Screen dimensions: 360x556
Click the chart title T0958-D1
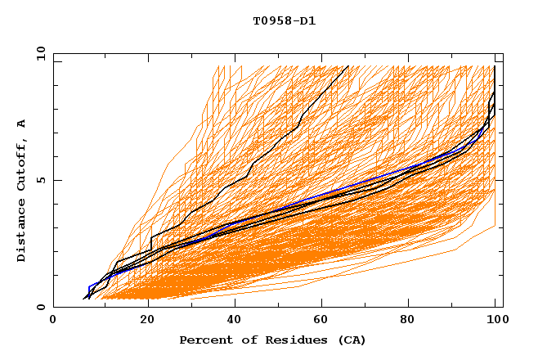pos(284,21)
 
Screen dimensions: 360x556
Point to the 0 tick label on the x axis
pos(53,320)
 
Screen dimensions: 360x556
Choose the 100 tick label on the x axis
pos(495,320)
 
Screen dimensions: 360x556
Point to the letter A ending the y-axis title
pos(22,124)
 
